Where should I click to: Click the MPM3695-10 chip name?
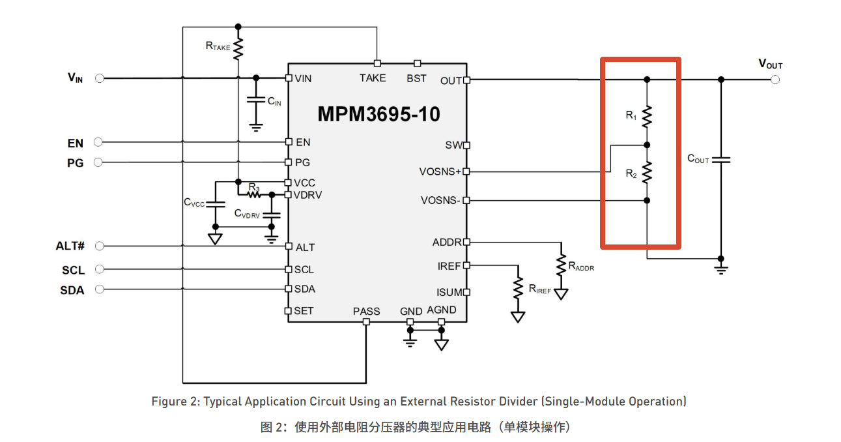point(378,114)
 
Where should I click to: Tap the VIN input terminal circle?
point(100,78)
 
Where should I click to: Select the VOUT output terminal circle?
point(775,80)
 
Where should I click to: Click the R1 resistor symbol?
point(646,117)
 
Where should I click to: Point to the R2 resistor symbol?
point(646,173)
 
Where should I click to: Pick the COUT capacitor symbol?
point(721,160)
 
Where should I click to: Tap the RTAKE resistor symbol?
point(238,49)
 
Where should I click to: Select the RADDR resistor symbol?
point(561,265)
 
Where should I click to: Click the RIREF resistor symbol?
point(518,288)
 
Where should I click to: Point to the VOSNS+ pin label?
point(440,171)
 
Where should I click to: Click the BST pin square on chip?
point(417,63)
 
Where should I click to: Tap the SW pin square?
point(466,145)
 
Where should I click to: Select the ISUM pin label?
point(449,292)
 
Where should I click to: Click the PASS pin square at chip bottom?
point(366,322)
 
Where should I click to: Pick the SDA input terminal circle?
point(100,289)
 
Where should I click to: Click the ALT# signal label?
point(70,246)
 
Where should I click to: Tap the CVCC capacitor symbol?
point(216,205)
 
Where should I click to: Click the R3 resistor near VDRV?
point(254,194)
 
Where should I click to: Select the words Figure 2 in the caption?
point(175,402)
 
